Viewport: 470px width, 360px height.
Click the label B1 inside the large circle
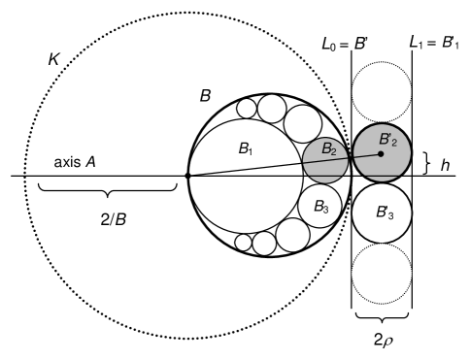click(245, 149)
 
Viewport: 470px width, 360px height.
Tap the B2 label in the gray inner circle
click(329, 150)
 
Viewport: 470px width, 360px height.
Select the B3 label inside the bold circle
click(322, 207)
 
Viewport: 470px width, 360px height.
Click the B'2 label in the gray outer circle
click(386, 141)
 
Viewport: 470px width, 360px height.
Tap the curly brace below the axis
click(106, 194)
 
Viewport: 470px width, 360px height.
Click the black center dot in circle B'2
click(381, 153)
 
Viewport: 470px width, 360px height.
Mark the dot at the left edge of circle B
click(187, 176)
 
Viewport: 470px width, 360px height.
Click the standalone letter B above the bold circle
click(205, 96)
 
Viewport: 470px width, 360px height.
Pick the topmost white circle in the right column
click(381, 92)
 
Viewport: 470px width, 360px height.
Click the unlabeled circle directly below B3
click(294, 233)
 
